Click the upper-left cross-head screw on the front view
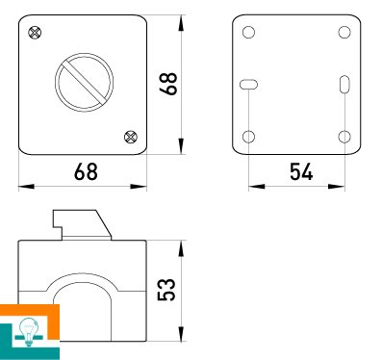point(35,33)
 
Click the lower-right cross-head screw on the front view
point(131,137)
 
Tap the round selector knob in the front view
point(84,83)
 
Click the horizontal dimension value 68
point(86,171)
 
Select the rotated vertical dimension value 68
point(168,84)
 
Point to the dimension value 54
point(301,171)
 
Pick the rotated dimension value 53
point(166,290)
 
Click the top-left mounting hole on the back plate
point(248,32)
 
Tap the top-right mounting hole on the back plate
point(344,32)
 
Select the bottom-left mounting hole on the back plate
point(248,137)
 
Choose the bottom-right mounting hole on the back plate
point(344,137)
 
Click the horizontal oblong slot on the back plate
point(248,85)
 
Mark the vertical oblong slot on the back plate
point(344,84)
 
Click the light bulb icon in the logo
point(29,331)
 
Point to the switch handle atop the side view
point(82,225)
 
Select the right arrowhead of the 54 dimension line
point(337,186)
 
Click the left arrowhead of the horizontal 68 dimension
point(27,186)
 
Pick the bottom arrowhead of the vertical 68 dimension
point(181,146)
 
